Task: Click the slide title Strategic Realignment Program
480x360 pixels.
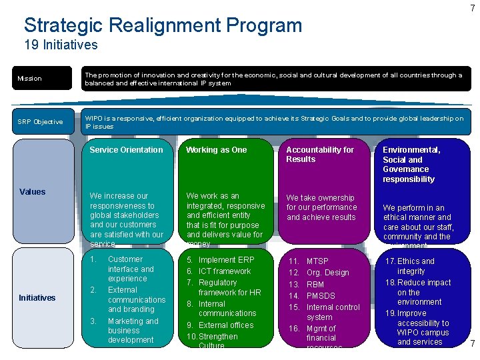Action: click(163, 26)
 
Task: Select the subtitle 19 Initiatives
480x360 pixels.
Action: click(61, 45)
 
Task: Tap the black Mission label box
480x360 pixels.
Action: click(44, 79)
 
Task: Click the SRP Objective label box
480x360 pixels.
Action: click(44, 121)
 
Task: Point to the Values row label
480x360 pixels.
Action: click(33, 192)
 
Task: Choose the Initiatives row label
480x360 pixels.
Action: click(37, 297)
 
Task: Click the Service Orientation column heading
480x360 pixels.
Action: click(126, 150)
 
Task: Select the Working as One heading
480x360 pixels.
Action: click(216, 150)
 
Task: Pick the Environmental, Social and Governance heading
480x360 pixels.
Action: click(411, 164)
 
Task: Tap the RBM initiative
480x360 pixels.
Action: click(316, 285)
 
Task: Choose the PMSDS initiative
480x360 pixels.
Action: click(320, 296)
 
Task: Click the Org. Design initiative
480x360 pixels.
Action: click(327, 273)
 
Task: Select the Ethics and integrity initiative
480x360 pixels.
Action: click(415, 266)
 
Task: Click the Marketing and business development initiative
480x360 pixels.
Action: click(133, 331)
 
